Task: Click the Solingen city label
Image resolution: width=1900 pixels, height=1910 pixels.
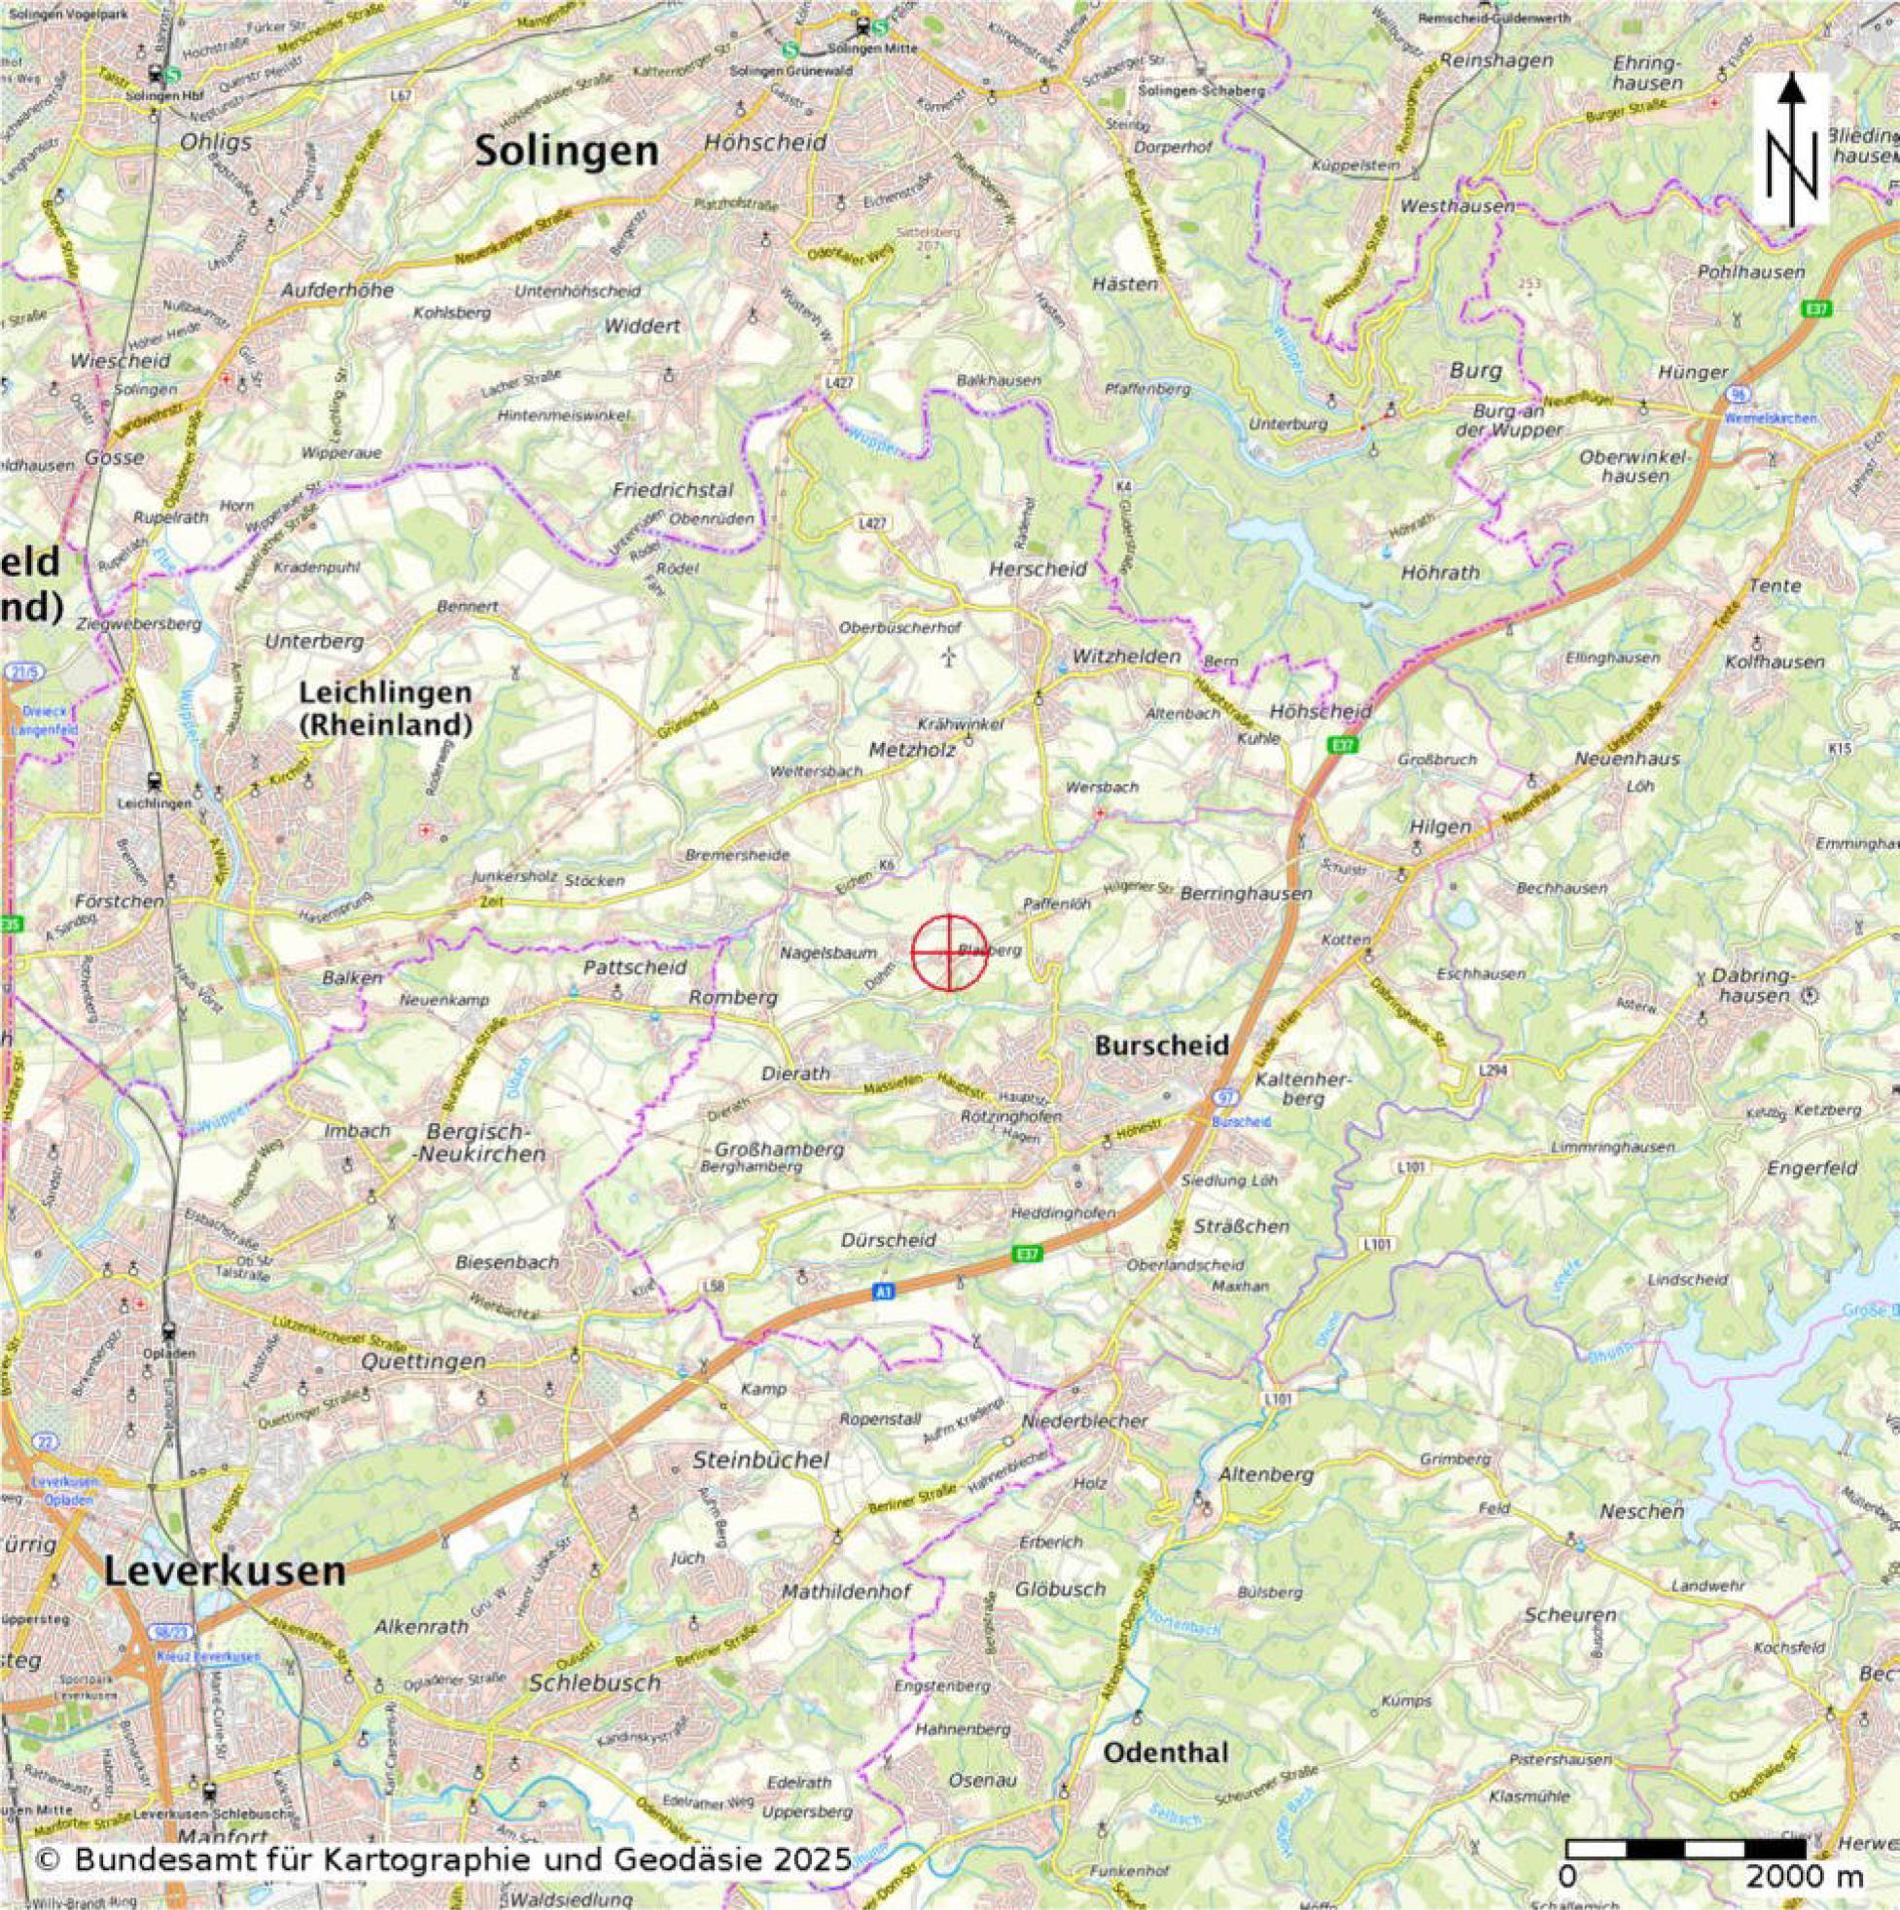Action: (x=566, y=152)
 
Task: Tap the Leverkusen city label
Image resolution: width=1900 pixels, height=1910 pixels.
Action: (x=225, y=1569)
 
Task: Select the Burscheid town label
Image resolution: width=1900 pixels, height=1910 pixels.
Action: (x=1162, y=1045)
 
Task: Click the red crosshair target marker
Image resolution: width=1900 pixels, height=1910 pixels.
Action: (x=949, y=952)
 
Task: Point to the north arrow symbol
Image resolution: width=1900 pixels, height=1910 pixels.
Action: (x=1790, y=148)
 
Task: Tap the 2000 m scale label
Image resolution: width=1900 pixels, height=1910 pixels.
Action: (x=1788, y=1875)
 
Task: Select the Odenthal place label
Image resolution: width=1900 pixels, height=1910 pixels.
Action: (x=1166, y=1752)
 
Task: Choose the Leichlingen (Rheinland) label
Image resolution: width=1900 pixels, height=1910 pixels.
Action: (x=385, y=709)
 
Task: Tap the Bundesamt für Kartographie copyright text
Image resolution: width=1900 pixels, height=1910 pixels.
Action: (x=442, y=1859)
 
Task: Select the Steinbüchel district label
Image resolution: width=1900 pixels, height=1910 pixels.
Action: (x=760, y=1459)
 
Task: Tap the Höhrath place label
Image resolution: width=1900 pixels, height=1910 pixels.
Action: (x=1440, y=573)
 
